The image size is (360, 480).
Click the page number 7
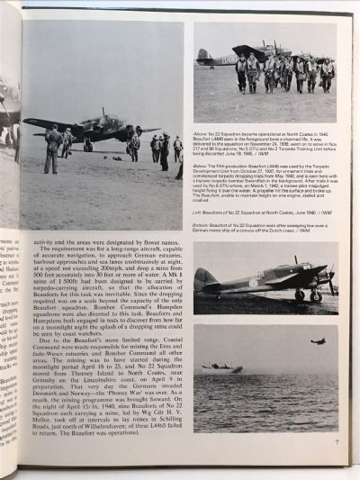click(335, 440)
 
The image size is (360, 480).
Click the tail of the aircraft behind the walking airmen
click(204, 59)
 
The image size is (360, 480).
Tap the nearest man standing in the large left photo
click(52, 149)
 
